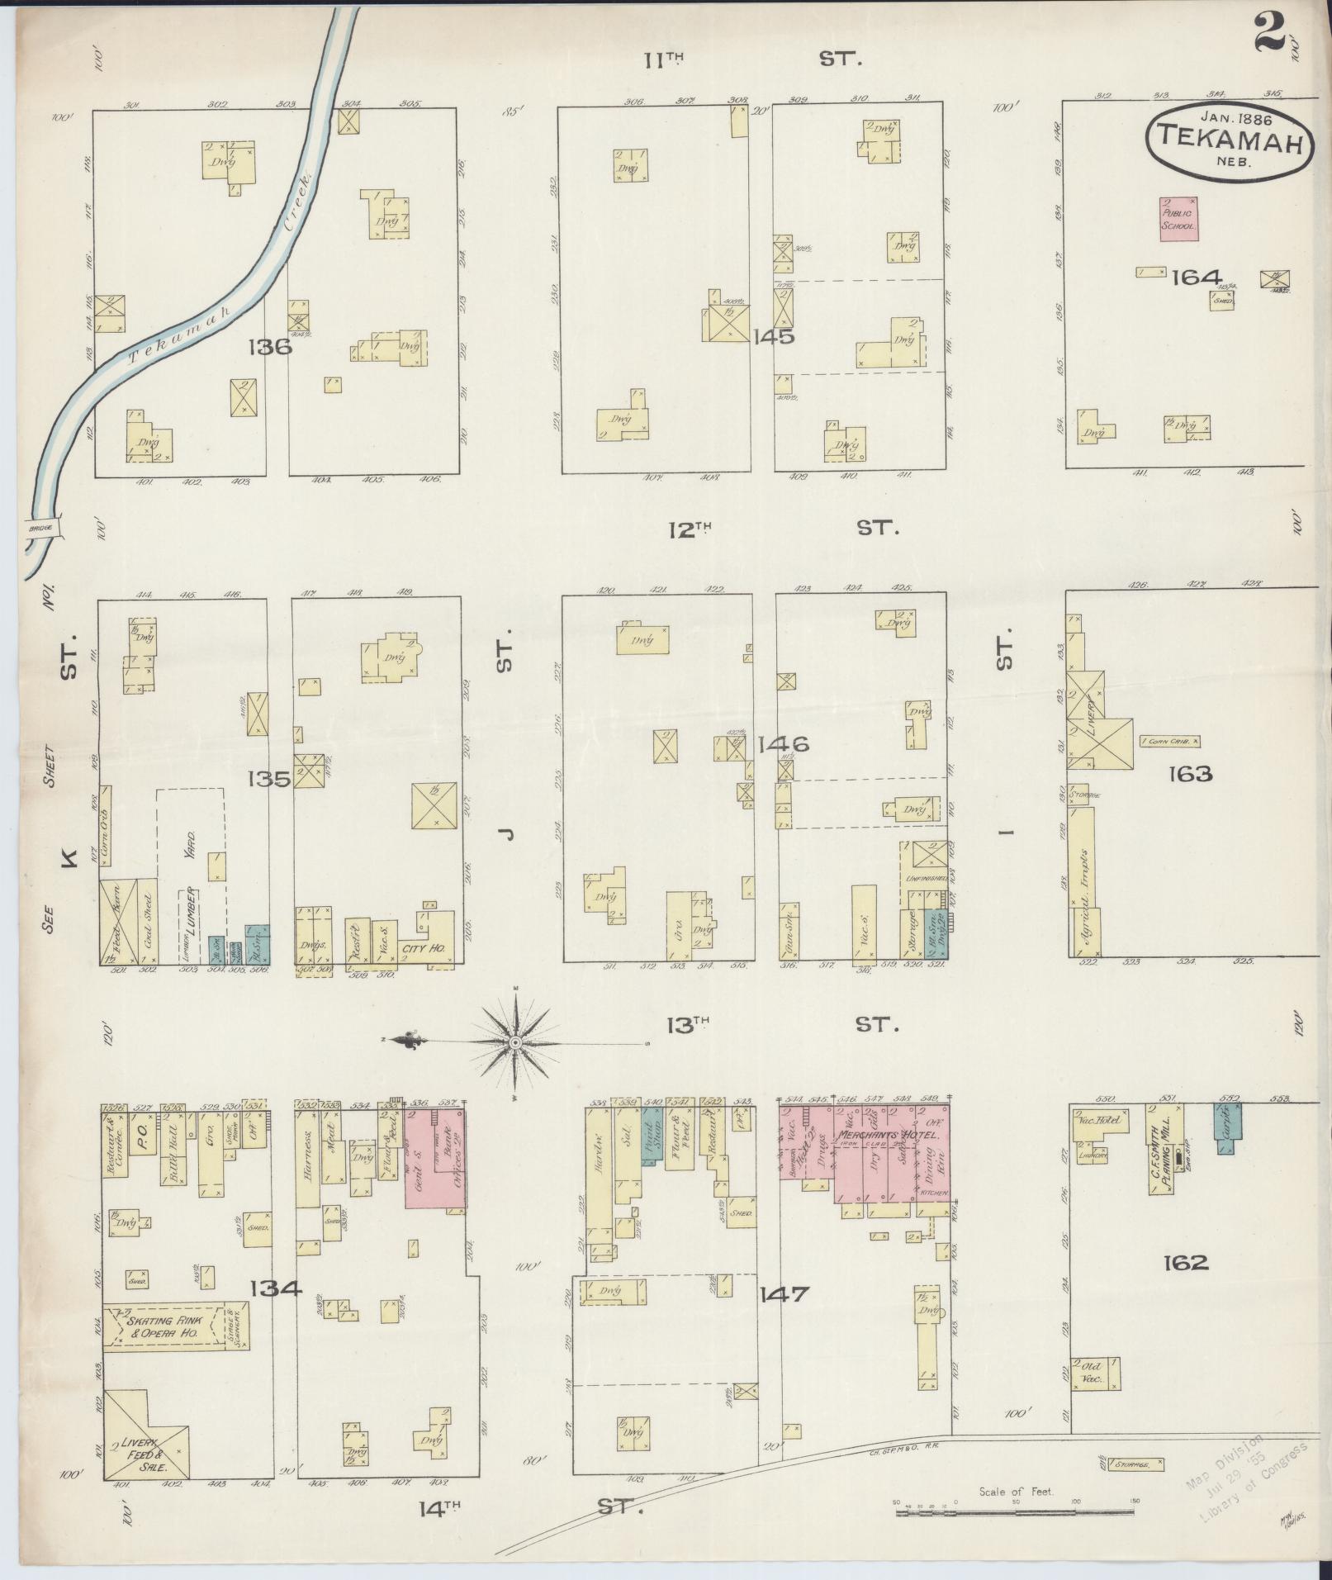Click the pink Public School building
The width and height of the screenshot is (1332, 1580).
tap(1179, 219)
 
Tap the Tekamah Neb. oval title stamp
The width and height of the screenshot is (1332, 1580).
tap(1227, 139)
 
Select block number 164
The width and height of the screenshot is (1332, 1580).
tap(1196, 277)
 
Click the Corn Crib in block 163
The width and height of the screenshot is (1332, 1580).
tap(1169, 742)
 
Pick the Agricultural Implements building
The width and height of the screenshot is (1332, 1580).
tap(1083, 880)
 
